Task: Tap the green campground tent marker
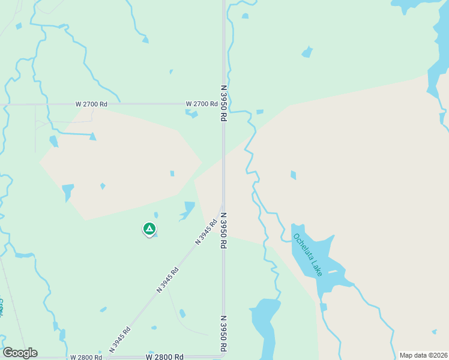[149, 229]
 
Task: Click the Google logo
[20, 353]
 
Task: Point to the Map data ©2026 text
[423, 355]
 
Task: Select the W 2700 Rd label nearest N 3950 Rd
[201, 104]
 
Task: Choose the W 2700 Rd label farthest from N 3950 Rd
[91, 104]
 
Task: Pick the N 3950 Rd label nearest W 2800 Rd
[223, 333]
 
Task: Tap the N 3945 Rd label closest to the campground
[205, 232]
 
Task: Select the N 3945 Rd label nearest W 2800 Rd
[120, 339]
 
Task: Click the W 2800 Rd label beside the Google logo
[86, 357]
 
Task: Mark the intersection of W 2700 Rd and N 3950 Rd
[223, 104]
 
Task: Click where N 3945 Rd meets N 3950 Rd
[223, 205]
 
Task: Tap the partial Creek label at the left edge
[2, 308]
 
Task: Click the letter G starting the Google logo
[7, 353]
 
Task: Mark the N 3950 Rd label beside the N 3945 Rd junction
[223, 230]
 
